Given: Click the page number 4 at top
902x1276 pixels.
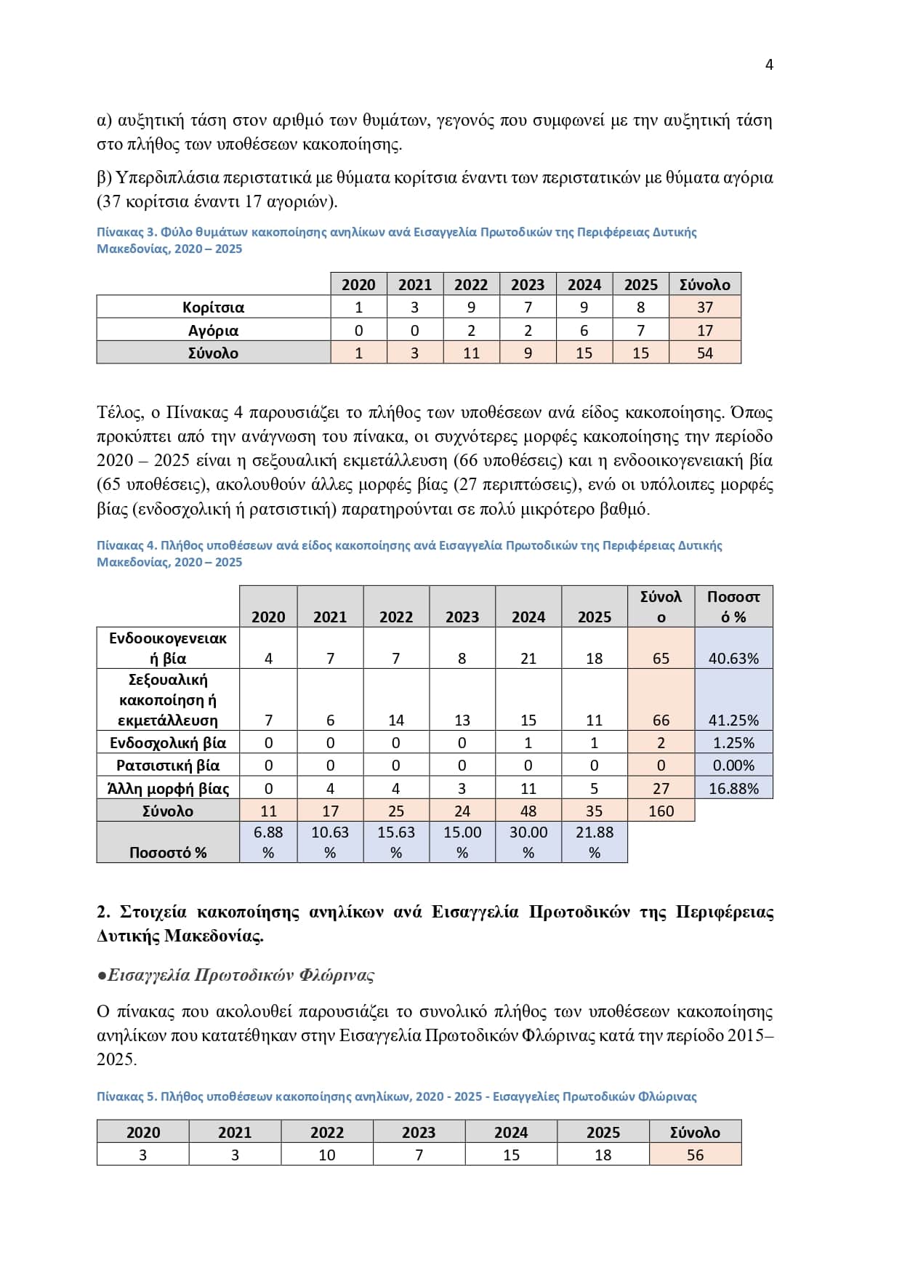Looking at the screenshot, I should click(x=769, y=65).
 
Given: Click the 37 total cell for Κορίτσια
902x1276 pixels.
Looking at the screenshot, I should click(x=704, y=307).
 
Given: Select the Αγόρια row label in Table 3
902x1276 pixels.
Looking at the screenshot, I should click(x=213, y=330).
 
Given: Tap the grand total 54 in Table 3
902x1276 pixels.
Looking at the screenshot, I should click(x=704, y=353).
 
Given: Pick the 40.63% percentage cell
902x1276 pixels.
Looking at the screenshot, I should click(x=733, y=658).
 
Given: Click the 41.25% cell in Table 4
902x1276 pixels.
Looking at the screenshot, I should click(x=733, y=720).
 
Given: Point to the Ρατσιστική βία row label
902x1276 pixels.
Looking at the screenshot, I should click(x=168, y=765).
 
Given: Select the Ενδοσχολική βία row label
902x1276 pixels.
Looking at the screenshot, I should click(x=168, y=742).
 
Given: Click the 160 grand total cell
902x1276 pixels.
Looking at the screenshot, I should click(x=661, y=811).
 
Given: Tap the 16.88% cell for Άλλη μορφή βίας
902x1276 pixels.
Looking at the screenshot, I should click(x=733, y=788).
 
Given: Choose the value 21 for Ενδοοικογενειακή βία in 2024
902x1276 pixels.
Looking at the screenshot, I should click(x=528, y=658).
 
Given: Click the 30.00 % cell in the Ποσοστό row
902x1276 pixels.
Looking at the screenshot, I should click(x=528, y=842).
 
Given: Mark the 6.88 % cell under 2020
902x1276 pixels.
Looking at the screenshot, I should click(x=268, y=842).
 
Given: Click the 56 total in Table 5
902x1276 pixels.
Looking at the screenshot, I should click(x=695, y=1155).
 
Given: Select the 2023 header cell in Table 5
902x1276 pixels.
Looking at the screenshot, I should click(x=419, y=1132).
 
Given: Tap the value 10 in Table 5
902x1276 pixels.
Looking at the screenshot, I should click(x=327, y=1155).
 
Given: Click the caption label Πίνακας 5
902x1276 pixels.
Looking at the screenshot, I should click(x=126, y=1096).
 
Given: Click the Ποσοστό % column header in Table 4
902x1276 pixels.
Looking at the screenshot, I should click(x=733, y=606).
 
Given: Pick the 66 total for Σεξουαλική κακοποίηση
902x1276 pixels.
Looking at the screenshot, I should click(x=661, y=720).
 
